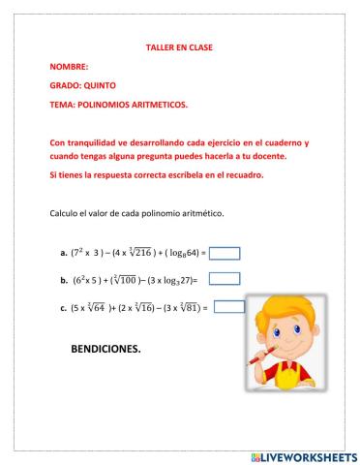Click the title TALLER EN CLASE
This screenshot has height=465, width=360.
[179, 47]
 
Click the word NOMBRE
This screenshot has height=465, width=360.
[67, 67]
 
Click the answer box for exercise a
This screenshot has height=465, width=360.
[225, 254]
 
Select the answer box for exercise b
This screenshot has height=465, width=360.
[225, 279]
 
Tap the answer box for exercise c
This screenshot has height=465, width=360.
[228, 307]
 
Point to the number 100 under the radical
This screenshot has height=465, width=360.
[132, 280]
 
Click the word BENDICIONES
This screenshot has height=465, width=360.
[105, 349]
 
